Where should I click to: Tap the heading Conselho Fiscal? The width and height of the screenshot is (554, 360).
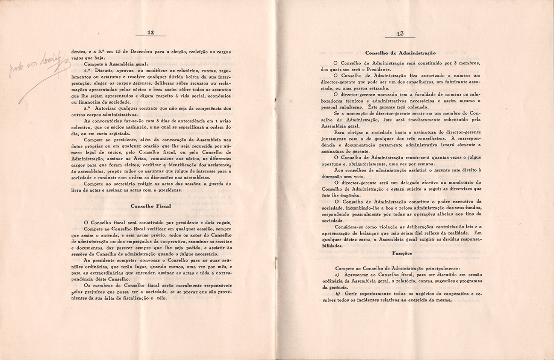(x=150, y=206)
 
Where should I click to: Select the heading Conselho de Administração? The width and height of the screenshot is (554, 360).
(x=400, y=53)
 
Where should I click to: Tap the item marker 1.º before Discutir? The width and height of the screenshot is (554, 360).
(x=87, y=70)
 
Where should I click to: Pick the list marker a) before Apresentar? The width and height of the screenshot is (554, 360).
(x=337, y=275)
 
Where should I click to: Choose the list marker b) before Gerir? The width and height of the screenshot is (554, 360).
(x=338, y=294)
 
